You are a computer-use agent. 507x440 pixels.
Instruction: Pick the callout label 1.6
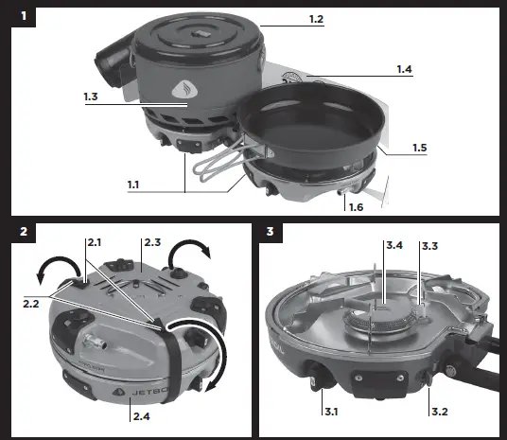[356, 206]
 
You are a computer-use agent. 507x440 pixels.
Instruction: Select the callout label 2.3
[151, 243]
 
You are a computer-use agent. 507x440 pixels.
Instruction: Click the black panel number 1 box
[23, 16]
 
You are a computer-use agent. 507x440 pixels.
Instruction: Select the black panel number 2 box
[23, 231]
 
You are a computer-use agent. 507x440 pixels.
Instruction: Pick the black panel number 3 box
[271, 231]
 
